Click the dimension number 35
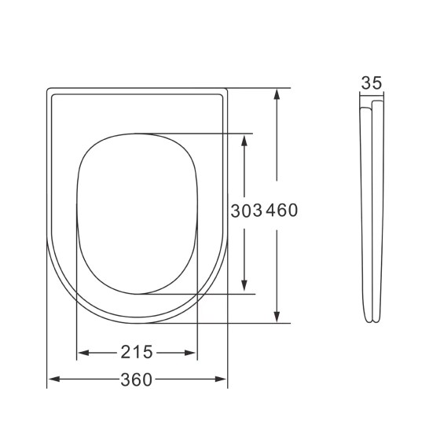[372, 82]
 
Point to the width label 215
[137, 351]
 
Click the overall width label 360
[137, 380]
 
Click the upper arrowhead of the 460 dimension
[277, 94]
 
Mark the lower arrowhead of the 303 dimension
[246, 288]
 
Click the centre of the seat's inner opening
[137, 213]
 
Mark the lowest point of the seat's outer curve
[137, 321]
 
